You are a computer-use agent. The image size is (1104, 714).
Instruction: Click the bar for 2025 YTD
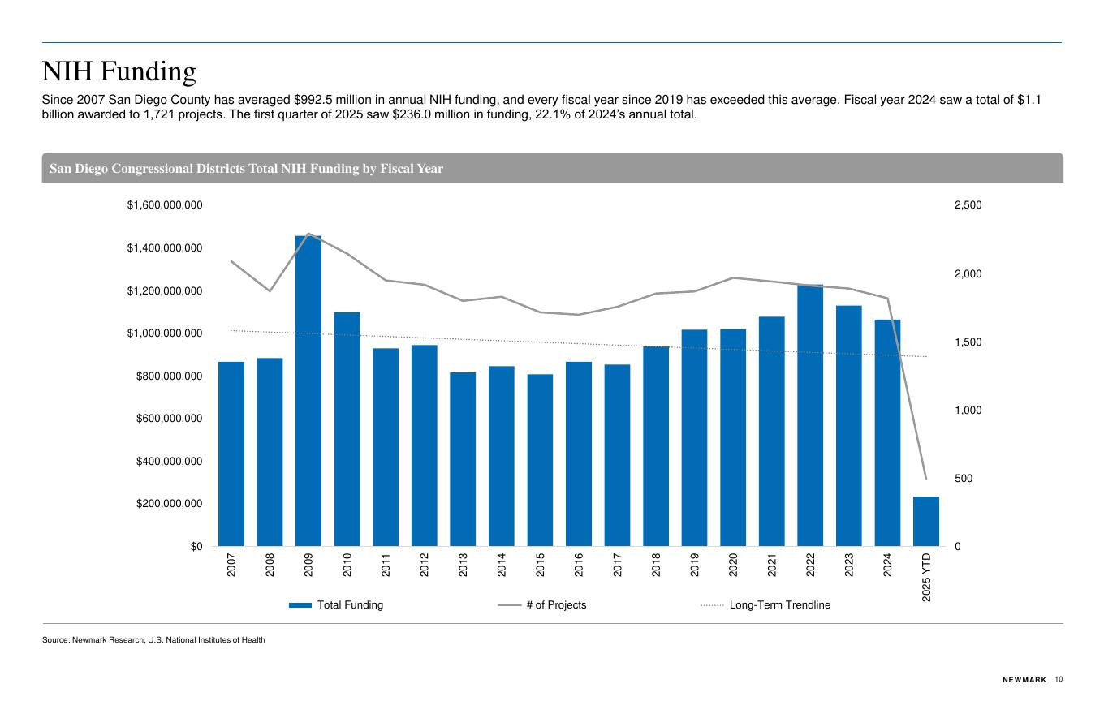coord(925,522)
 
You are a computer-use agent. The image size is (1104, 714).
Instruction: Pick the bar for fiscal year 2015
coord(540,460)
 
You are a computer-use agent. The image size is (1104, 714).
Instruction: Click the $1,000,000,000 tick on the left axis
coord(165,333)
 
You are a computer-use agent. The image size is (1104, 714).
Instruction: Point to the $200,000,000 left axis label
coord(168,504)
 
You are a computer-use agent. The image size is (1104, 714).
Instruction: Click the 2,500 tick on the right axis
coord(968,205)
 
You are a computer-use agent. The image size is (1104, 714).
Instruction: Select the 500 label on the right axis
coord(963,479)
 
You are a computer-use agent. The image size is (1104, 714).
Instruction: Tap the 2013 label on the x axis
coord(464,565)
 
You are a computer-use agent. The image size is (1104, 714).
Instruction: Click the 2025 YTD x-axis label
coord(927,578)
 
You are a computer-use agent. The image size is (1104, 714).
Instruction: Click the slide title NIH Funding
coord(119,72)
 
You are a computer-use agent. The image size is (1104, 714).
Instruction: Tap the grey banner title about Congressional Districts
coord(246,169)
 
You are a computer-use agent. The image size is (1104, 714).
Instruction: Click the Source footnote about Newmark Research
coord(153,640)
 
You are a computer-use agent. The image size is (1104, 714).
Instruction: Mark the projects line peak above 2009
coord(308,234)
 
